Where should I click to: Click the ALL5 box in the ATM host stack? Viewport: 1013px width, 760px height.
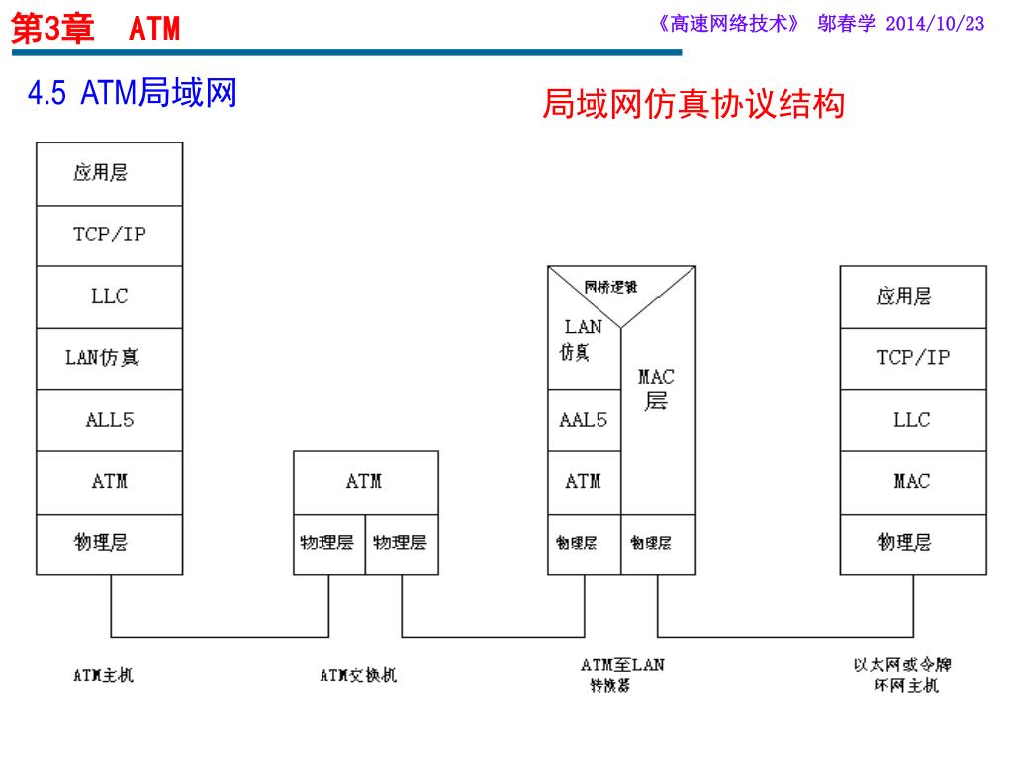click(x=109, y=420)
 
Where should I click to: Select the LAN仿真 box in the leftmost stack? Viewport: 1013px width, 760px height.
click(x=109, y=358)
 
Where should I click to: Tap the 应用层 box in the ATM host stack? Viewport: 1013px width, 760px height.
click(x=109, y=174)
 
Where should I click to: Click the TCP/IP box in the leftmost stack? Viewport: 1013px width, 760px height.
click(x=109, y=236)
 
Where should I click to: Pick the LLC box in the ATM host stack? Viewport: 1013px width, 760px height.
click(x=109, y=296)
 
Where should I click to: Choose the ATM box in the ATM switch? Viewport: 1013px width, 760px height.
click(x=365, y=482)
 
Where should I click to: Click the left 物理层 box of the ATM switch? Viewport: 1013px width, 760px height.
click(x=328, y=543)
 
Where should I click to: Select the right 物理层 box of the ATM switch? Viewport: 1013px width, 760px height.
click(x=401, y=543)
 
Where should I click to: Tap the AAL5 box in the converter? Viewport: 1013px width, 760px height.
click(x=584, y=420)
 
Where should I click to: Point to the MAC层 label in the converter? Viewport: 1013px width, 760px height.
click(x=656, y=389)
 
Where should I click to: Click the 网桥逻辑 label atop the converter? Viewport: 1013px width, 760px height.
click(x=610, y=287)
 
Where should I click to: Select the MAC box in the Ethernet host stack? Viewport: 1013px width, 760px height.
click(x=912, y=482)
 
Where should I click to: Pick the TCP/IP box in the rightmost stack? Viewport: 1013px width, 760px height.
click(x=912, y=358)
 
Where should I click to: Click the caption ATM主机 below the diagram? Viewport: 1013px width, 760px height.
click(x=103, y=676)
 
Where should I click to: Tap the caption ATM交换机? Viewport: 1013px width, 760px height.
click(x=358, y=676)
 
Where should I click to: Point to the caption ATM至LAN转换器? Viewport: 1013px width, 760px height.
click(x=621, y=674)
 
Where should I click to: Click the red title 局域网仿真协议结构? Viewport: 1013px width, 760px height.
click(x=693, y=104)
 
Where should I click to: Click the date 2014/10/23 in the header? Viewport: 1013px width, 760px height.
click(x=935, y=24)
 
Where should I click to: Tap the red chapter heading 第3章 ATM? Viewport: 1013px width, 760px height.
click(x=95, y=28)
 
